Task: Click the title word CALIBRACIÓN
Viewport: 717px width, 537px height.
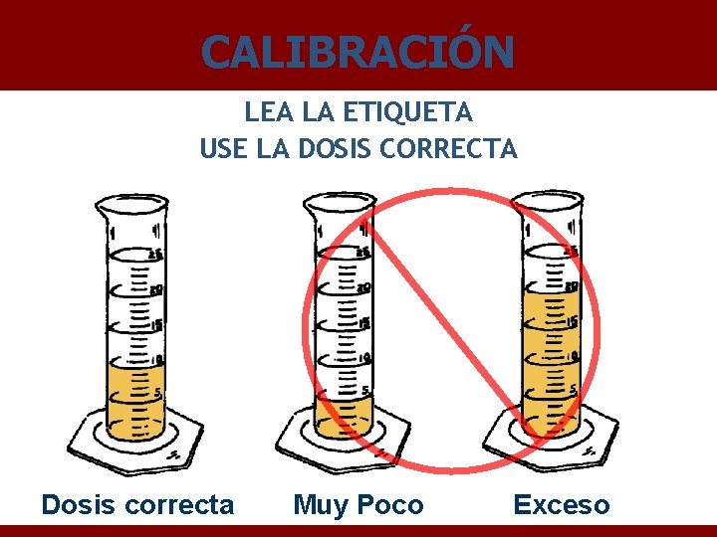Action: [358, 51]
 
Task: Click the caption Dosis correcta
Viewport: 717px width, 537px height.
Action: [137, 505]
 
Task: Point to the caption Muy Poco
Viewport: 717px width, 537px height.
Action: [358, 505]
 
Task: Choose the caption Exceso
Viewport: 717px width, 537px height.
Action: [561, 505]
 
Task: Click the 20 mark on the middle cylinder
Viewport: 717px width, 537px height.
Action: [364, 287]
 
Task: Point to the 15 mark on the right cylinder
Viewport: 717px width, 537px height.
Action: [572, 321]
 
